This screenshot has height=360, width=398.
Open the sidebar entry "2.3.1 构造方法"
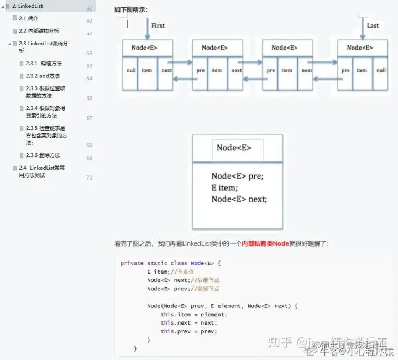pos(44,64)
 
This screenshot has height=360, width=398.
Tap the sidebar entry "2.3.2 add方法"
pos(43,76)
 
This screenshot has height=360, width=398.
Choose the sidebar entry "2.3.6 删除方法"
pos(43,155)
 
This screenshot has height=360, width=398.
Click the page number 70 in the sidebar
pos(89,178)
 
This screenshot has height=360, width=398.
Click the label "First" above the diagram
pos(158,25)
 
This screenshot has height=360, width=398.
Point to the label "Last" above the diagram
pos(373,25)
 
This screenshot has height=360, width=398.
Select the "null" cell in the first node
pos(131,70)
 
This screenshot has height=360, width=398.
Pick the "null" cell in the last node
pos(381,70)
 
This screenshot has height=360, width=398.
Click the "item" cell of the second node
pos(217,70)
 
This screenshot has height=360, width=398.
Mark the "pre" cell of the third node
pos(270,70)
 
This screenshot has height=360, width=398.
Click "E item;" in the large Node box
pos(223,187)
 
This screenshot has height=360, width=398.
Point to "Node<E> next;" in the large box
pos(239,199)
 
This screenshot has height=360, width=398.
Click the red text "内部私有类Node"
pos(265,243)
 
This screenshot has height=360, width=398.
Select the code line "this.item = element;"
pos(193,314)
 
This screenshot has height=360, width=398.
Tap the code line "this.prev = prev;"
pos(188,331)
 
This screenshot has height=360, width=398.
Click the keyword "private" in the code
pos(132,263)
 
